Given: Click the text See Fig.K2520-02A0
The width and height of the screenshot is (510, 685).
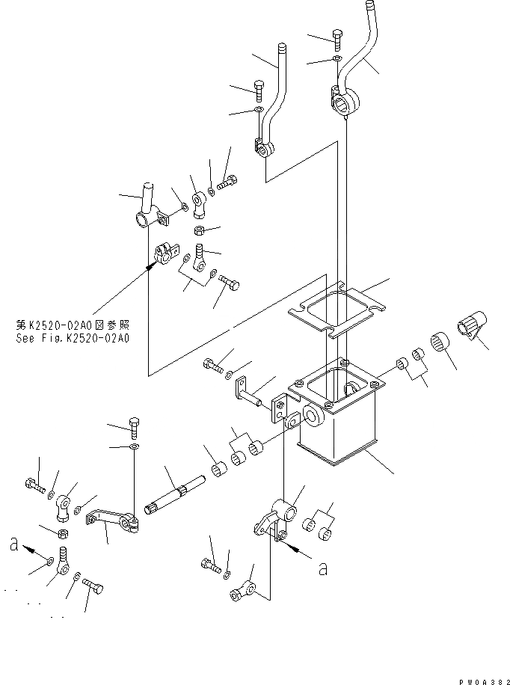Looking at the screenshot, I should coord(73,338).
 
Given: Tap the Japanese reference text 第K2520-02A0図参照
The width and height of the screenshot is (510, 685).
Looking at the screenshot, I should coord(73,326).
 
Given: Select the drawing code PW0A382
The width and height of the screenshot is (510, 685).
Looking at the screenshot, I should coord(479,678).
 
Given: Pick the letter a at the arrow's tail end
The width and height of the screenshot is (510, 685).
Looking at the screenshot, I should coord(322,569).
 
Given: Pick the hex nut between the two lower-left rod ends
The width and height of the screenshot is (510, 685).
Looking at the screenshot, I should coord(63,533).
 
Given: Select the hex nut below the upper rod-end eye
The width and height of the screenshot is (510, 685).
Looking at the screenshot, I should coord(200,229).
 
